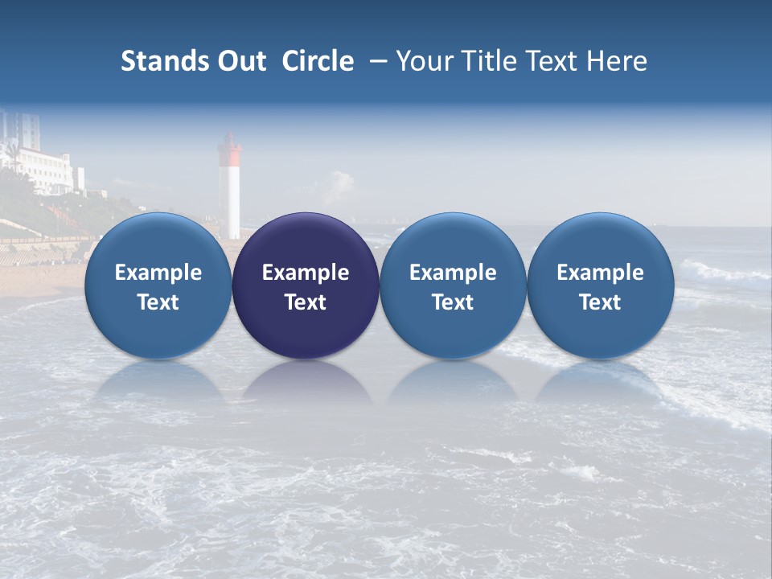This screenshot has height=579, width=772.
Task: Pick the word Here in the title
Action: tap(617, 61)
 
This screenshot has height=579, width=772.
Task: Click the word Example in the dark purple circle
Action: tap(306, 273)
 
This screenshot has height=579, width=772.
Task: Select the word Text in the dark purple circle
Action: tap(306, 302)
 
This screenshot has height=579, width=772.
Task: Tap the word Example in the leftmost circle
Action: tap(158, 273)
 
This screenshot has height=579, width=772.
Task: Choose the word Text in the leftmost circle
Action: tap(158, 302)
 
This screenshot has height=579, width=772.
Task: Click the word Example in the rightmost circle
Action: tap(600, 273)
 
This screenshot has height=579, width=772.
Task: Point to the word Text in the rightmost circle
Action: tap(600, 302)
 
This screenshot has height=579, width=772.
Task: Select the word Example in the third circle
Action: tap(453, 273)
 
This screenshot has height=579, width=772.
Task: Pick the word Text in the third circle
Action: tap(453, 302)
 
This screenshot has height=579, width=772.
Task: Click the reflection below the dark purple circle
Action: tap(306, 383)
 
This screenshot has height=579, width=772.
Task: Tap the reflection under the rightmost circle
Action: tap(600, 383)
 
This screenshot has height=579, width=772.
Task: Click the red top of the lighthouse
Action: tap(231, 148)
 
